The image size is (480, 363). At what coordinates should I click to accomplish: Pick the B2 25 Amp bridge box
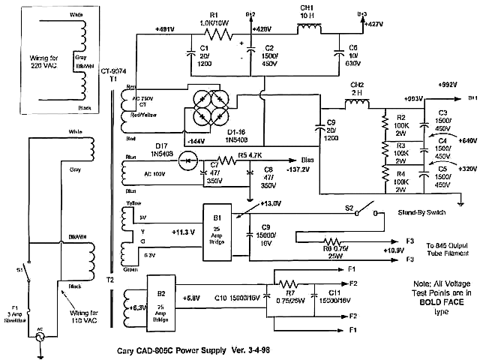click(160, 295)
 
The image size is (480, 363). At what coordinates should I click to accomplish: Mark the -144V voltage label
click(196, 141)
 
